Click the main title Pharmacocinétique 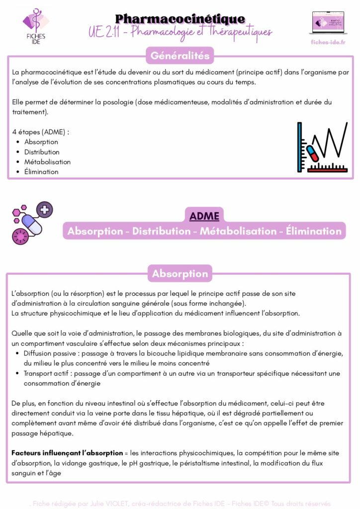180,19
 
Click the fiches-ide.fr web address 328,42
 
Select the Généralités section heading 180,55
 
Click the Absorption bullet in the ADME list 41,142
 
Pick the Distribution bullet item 42,152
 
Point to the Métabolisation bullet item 47,162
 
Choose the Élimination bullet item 41,172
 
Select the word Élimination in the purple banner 314,231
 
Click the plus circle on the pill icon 45,209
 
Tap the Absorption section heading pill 180,274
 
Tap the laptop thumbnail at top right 327,23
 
